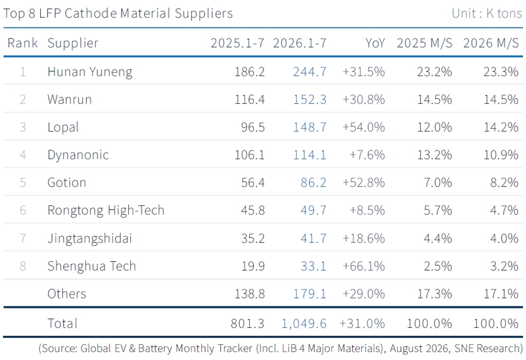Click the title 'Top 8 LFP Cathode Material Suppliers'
point(118,13)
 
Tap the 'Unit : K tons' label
point(487,13)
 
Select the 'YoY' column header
point(375,43)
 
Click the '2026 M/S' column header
point(491,43)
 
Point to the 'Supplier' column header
point(73,43)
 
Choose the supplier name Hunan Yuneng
point(90,72)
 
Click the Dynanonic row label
point(78,155)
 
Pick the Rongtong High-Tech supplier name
point(106,210)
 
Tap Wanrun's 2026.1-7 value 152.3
point(310,99)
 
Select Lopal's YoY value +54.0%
point(364,128)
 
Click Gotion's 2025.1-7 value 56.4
point(253,183)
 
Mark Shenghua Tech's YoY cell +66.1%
point(364,266)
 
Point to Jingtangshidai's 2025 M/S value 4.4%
point(438,239)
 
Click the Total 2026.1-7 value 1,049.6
point(304,323)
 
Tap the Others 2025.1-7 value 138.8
point(250,294)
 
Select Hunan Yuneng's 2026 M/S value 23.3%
point(501,72)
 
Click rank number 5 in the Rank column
point(23,183)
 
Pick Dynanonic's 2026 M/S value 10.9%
point(501,155)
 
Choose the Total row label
point(62,323)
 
